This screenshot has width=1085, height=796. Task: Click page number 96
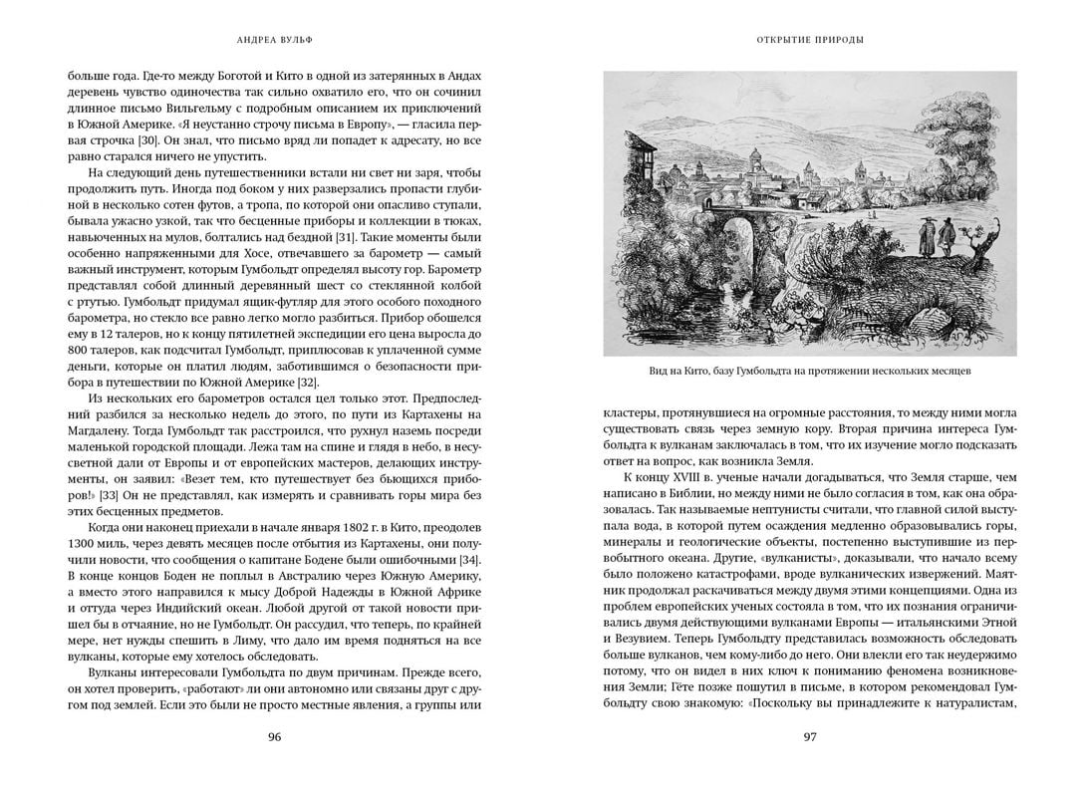[x=275, y=737]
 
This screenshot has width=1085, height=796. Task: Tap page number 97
[x=809, y=737]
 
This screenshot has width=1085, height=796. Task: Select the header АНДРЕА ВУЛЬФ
[x=275, y=41]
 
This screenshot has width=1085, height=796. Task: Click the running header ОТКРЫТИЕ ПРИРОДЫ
[x=809, y=41]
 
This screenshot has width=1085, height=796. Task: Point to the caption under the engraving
[x=809, y=372]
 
